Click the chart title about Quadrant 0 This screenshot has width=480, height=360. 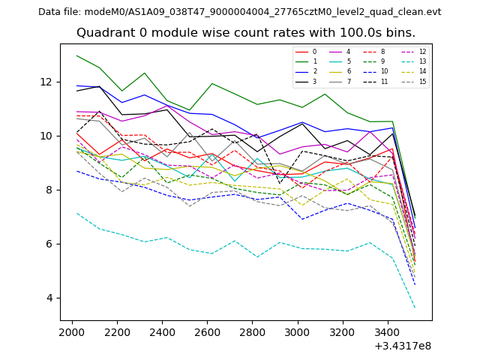(246, 33)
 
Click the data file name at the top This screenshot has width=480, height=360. (240, 12)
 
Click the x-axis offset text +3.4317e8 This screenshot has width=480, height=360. (402, 346)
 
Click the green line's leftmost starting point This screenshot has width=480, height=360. (76, 55)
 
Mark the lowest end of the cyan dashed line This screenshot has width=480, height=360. (415, 308)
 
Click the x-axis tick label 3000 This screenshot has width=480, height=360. (298, 331)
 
